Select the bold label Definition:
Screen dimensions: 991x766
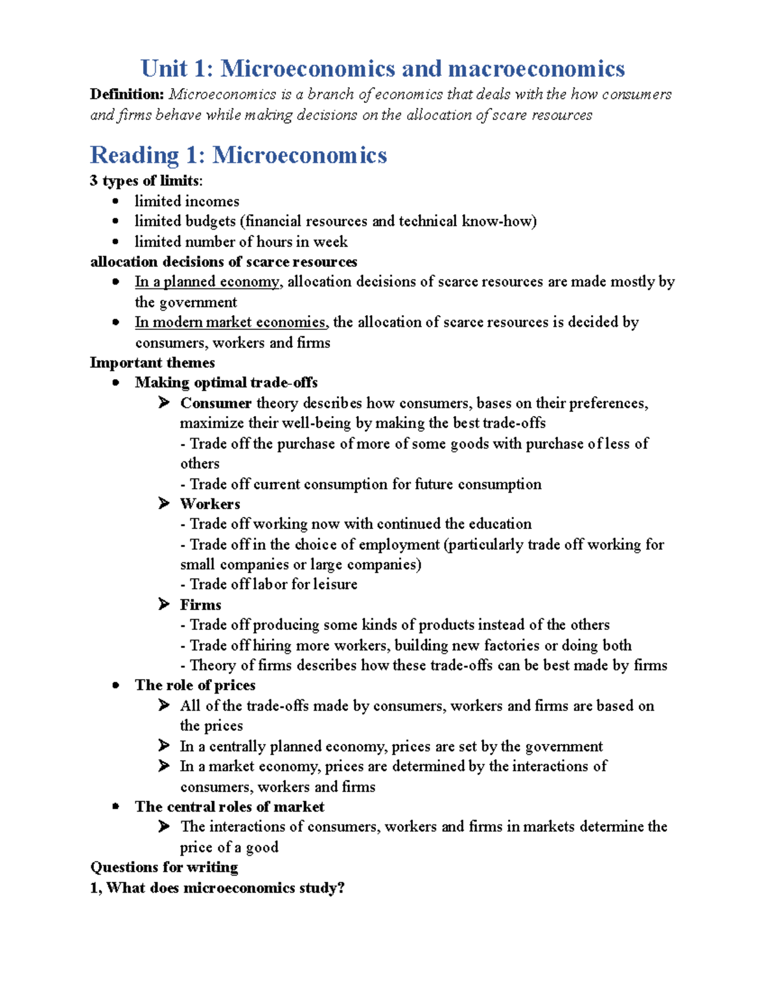pos(127,94)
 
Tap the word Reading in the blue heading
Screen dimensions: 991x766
pos(135,155)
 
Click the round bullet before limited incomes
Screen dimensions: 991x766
pos(116,201)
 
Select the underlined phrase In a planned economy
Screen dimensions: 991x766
pos(207,282)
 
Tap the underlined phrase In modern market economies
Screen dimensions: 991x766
pos(230,322)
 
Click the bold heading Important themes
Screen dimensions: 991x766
pos(152,362)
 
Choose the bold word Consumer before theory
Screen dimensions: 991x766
pos(215,403)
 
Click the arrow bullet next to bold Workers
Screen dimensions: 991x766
pos(164,503)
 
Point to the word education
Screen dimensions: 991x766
pos(500,524)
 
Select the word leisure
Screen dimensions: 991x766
pos(334,584)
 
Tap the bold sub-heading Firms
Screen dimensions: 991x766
pos(200,604)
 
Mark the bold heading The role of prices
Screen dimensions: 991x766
pos(195,685)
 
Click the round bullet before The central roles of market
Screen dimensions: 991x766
pos(116,807)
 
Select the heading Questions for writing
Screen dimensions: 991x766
pos(164,867)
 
